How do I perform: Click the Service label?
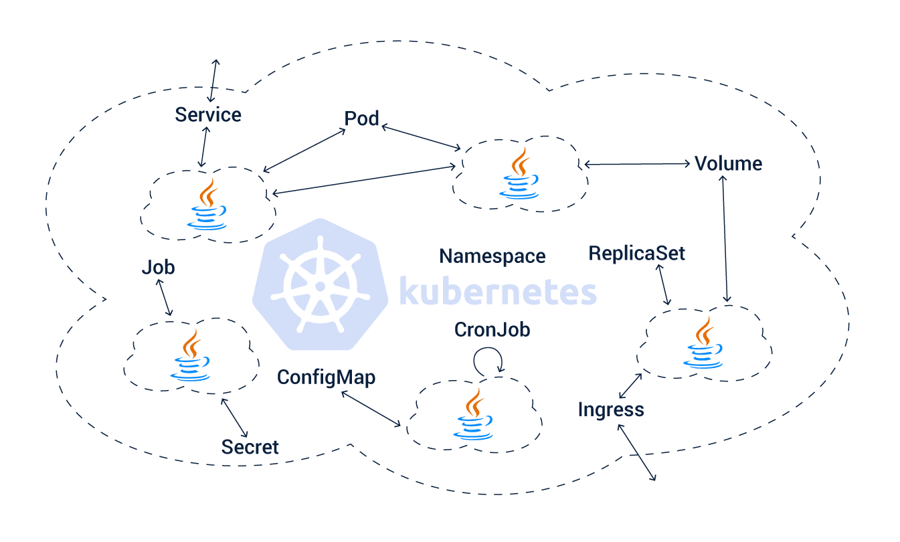coord(207,115)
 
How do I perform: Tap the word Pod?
coord(361,118)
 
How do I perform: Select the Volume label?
coord(728,164)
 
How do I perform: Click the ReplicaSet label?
coord(636,254)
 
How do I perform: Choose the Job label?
coord(158,268)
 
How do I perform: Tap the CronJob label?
coord(492,330)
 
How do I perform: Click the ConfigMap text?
coord(326,377)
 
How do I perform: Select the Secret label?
coord(250,447)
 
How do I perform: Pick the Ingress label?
coord(611,410)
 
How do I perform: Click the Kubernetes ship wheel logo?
coord(321,284)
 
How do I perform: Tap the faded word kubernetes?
coord(498,291)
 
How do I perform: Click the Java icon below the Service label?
coord(207,205)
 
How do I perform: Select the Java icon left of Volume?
coord(519,173)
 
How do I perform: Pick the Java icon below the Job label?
coord(190,355)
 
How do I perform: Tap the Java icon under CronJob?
coord(473,414)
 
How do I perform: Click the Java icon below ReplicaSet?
coord(703,343)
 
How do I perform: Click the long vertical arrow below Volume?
coord(725,239)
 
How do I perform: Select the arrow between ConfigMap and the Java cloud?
coord(371,409)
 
